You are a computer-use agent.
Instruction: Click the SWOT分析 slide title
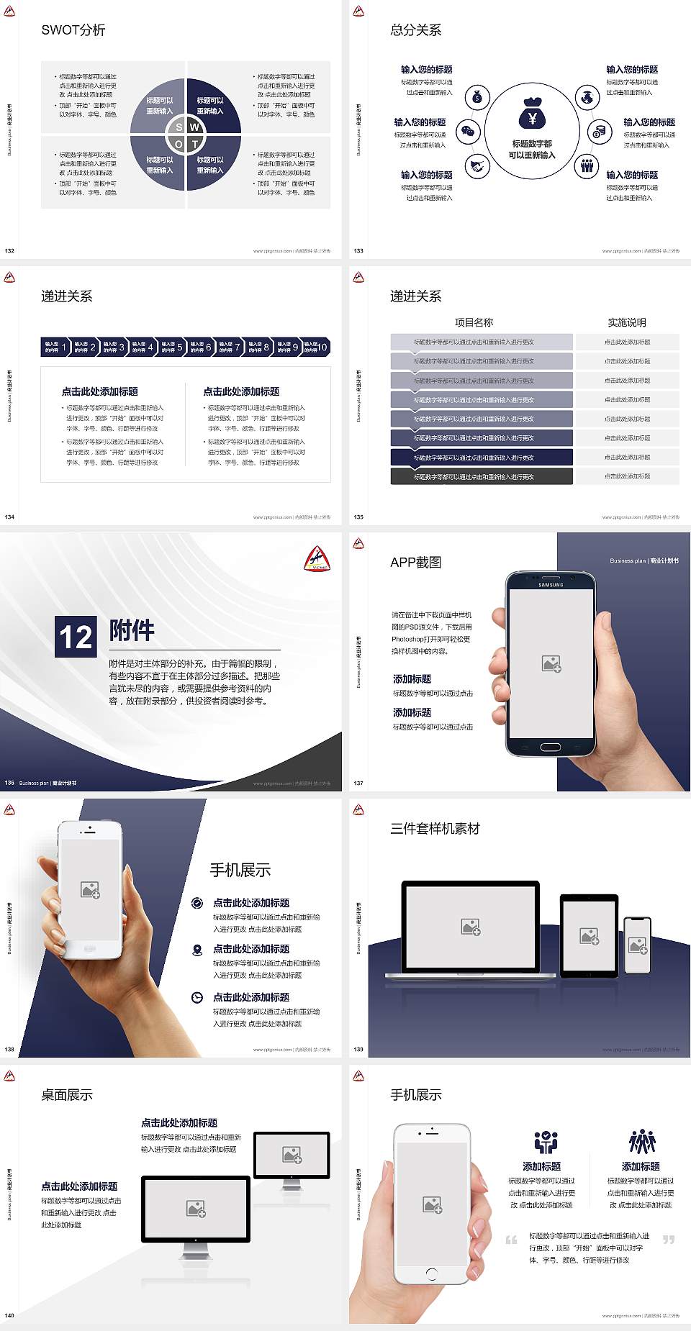73,30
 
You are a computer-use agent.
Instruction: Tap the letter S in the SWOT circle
179,127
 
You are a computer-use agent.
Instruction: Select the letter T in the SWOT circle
194,144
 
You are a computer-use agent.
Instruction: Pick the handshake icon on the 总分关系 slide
477,167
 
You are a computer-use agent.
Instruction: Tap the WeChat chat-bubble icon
469,131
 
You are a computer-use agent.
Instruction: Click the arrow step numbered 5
172,347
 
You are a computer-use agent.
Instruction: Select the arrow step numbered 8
258,347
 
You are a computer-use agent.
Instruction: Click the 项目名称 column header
474,322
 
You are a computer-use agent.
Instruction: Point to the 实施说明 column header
627,322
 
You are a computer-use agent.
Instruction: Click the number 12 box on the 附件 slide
76,637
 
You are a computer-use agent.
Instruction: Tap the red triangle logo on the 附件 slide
317,558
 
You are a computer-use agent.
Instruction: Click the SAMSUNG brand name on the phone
551,585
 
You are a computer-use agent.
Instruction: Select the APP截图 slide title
416,563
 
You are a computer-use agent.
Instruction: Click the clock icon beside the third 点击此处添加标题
197,997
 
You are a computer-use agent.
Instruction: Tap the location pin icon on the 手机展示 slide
197,950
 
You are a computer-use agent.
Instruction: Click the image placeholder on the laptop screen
471,927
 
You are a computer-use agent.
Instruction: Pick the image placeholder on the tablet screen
590,935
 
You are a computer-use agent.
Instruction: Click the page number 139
358,1050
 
